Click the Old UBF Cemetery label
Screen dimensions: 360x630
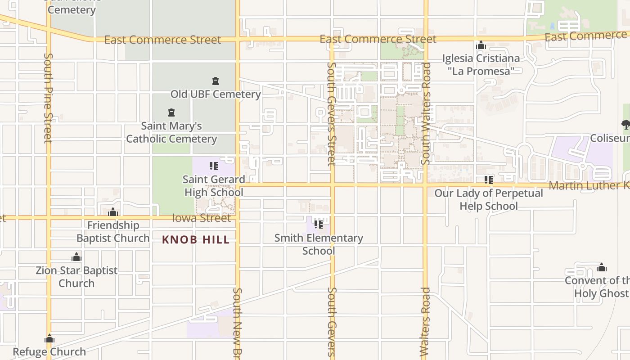coord(216,94)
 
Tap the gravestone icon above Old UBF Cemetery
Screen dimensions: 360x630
coord(216,81)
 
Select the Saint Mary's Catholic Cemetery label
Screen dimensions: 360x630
coord(171,132)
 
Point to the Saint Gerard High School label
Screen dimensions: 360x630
coord(214,186)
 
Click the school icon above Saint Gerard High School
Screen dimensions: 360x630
coord(214,166)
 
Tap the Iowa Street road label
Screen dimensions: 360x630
coord(201,218)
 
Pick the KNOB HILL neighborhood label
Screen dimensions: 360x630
coord(196,240)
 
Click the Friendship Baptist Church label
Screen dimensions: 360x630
coord(113,231)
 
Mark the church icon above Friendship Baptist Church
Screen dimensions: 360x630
coord(113,212)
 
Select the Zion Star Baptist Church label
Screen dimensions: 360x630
coord(76,277)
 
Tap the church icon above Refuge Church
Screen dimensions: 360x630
coord(49,339)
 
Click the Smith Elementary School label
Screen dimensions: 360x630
coord(319,244)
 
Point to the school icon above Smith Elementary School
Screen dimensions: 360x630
coord(319,225)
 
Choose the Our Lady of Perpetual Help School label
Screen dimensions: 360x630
coord(489,199)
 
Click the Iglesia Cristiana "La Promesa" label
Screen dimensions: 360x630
coord(481,64)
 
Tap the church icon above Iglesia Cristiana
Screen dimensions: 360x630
coord(481,45)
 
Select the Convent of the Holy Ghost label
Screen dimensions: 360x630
coord(598,287)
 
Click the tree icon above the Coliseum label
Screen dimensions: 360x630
coord(625,125)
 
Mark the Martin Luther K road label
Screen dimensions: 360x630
coord(589,185)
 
